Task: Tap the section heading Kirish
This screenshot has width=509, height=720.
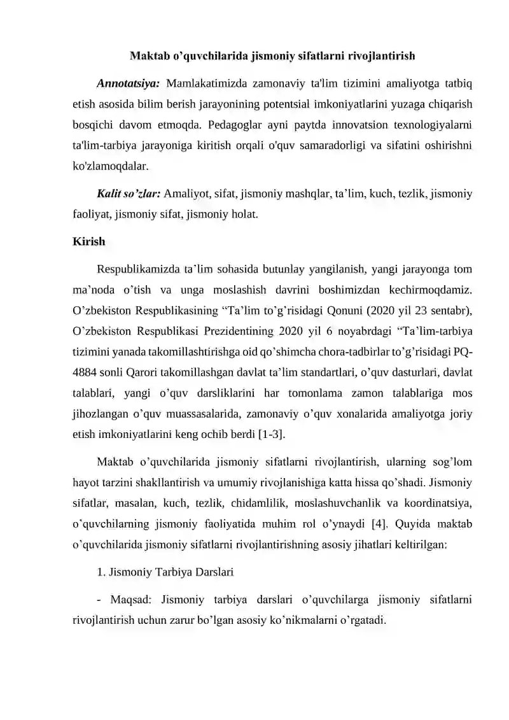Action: coord(89,243)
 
